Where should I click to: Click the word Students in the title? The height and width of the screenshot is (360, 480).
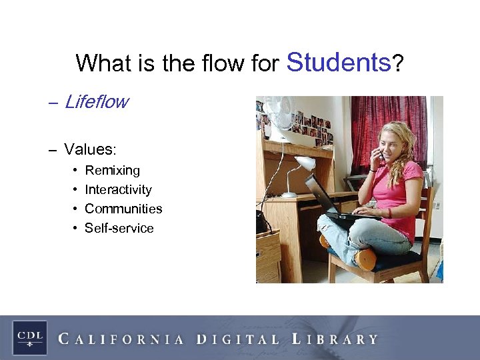[338, 62]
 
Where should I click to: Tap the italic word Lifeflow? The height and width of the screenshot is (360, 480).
[96, 102]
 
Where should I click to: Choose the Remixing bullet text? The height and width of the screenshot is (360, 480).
[112, 171]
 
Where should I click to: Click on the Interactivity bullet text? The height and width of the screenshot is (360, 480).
[118, 190]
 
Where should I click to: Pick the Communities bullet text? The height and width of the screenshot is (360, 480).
[123, 209]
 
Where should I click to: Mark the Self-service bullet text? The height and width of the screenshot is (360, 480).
[119, 228]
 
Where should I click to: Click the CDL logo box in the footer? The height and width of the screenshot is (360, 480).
[29, 337]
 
